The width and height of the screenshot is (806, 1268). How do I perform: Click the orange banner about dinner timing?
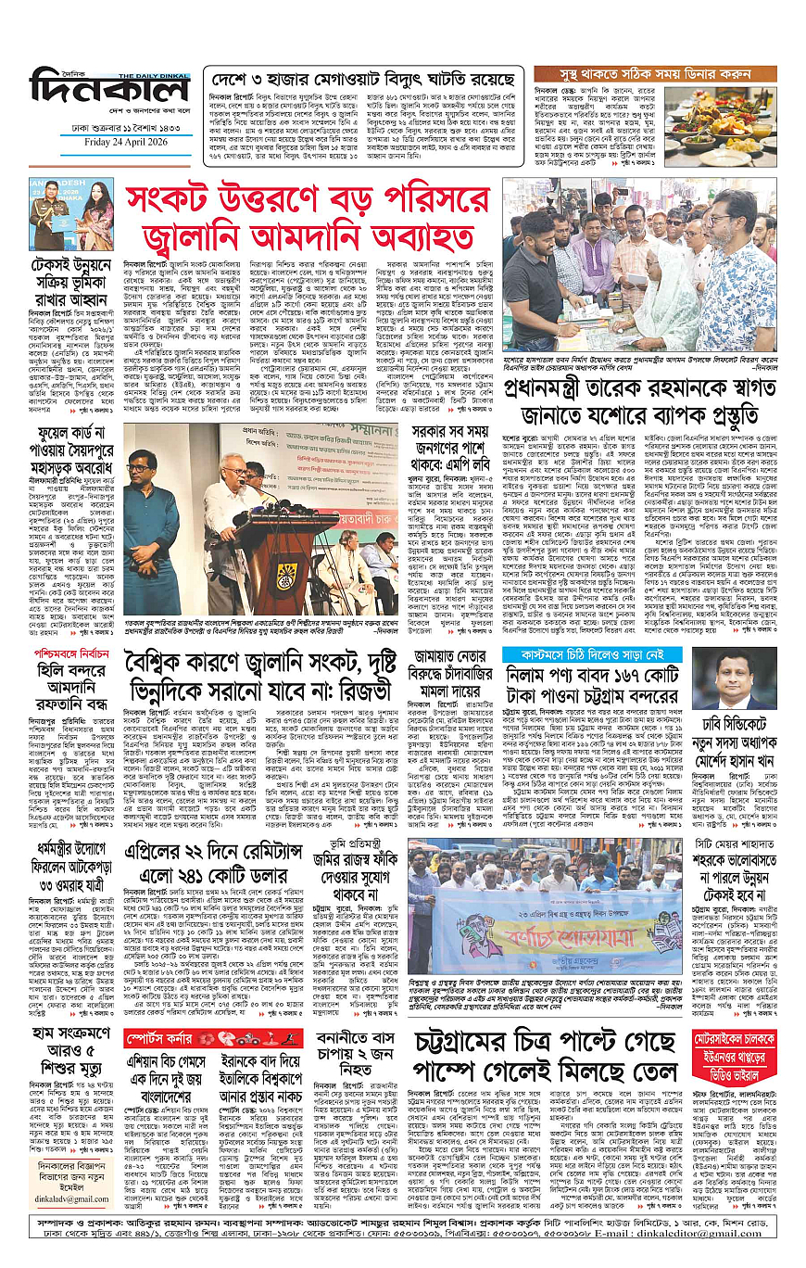(x=652, y=73)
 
